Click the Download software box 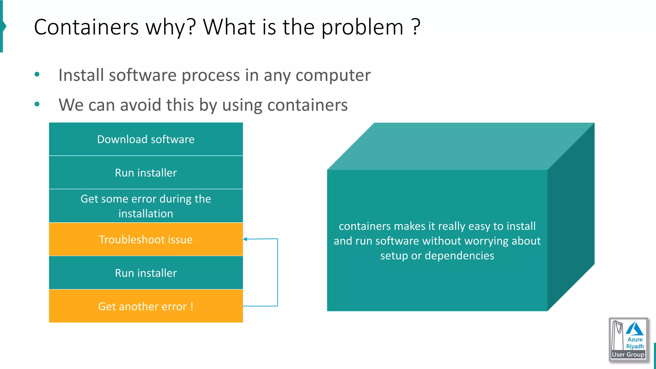146,139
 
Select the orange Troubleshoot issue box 146,240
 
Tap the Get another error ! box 146,306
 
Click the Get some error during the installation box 146,206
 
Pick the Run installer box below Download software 146,173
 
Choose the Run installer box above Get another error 146,273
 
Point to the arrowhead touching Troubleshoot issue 245,239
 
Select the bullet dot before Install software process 37,75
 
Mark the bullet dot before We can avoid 37,104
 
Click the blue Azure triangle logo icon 635,329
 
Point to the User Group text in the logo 628,355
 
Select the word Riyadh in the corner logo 635,346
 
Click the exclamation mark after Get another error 192,306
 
